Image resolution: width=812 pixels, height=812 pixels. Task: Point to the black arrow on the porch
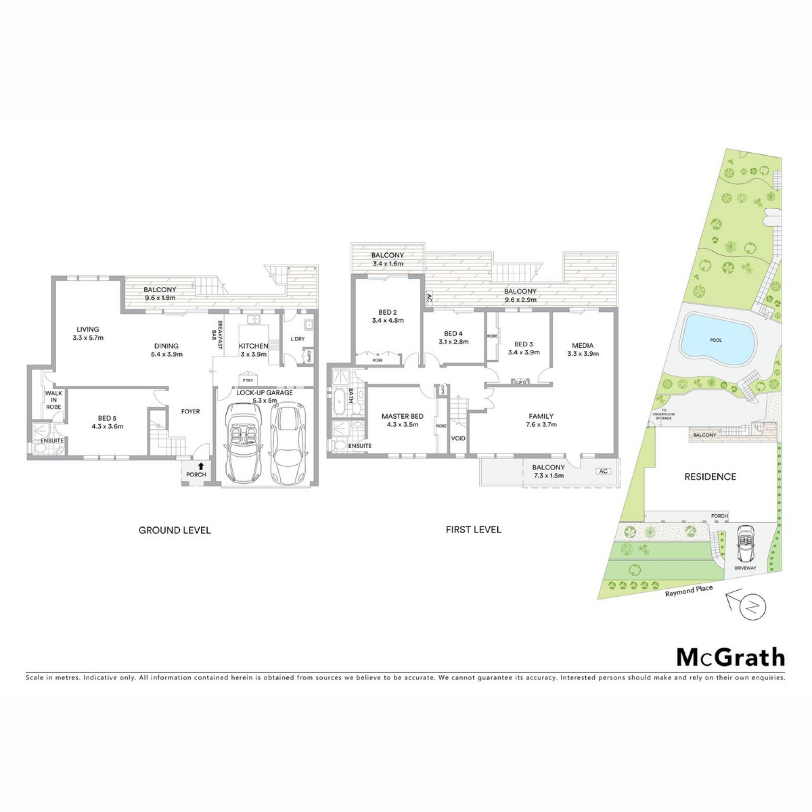coord(201,466)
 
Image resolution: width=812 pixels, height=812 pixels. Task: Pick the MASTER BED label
coord(402,416)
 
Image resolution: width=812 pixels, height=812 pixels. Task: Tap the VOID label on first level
coord(458,438)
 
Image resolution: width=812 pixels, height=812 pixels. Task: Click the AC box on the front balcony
coord(604,471)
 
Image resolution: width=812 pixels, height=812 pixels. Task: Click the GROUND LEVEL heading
coord(175,530)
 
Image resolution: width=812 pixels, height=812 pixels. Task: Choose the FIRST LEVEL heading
coord(474,529)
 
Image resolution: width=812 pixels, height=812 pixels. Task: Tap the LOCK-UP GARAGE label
coord(264,392)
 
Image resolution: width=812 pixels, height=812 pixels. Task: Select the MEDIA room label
coord(583,346)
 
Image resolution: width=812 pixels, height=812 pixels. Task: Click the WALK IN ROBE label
coord(54,400)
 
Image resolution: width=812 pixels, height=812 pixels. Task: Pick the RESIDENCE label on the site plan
coord(710,477)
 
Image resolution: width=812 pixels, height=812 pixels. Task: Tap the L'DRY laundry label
coord(297,339)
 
